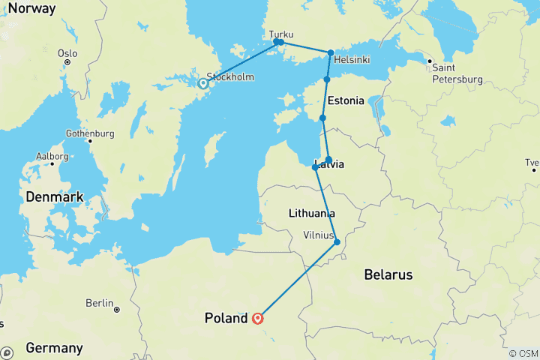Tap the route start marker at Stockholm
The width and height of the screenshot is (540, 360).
202,84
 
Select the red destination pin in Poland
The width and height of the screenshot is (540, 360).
258,318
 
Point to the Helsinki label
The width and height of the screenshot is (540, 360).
350,60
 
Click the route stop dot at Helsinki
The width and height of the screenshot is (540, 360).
331,52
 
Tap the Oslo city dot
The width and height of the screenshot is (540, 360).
67,62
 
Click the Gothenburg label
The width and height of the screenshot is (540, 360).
89,133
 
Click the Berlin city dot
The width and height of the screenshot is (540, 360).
117,309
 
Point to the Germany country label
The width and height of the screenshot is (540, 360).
54,348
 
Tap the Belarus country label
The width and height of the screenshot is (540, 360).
388,275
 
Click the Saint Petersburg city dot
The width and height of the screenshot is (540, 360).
429,61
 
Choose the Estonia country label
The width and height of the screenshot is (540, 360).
346,100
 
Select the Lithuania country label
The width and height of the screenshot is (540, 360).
311,214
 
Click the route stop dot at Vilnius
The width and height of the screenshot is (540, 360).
337,241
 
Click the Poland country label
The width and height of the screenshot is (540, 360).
226,319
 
